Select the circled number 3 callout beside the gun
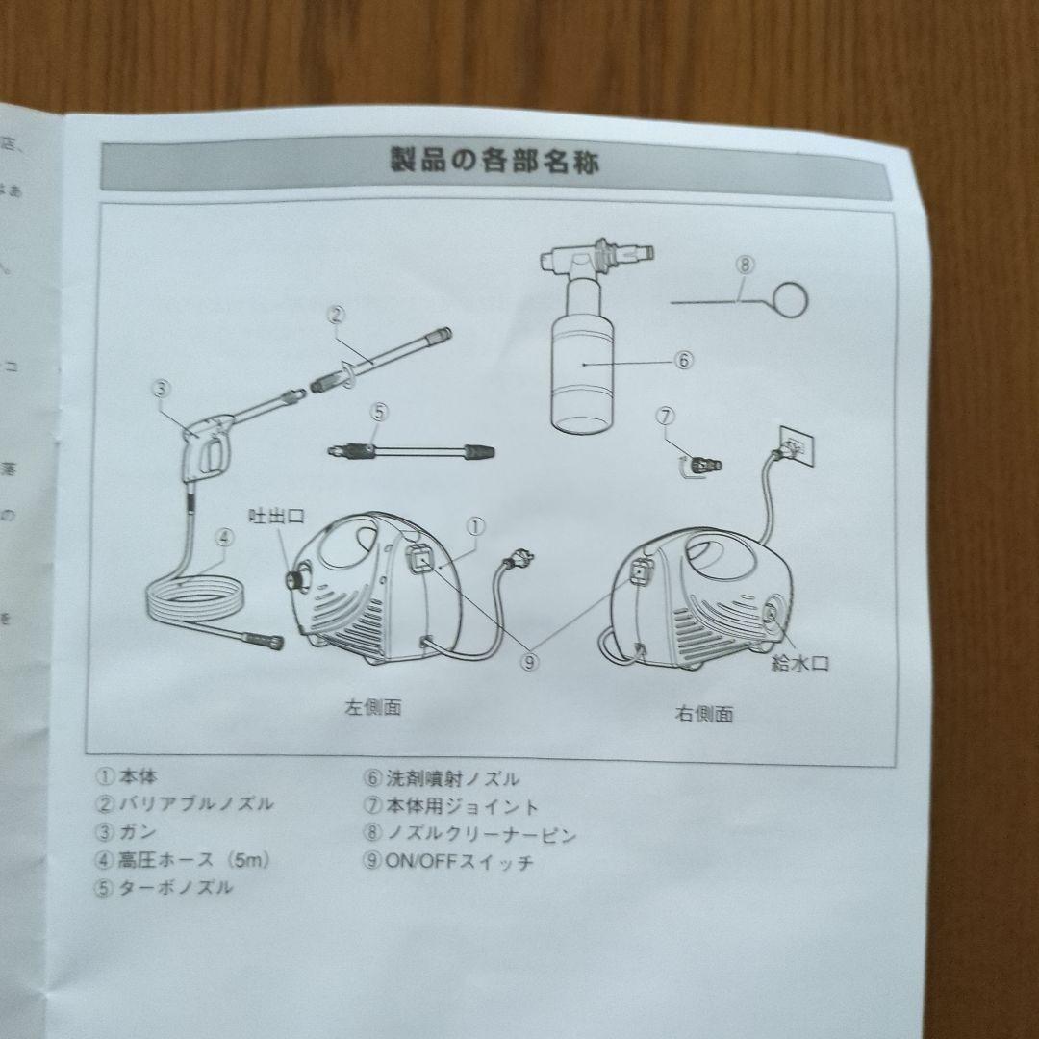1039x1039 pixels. (161, 389)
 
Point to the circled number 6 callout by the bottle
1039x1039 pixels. (683, 360)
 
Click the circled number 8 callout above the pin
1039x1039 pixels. (747, 263)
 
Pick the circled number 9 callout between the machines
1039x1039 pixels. (531, 661)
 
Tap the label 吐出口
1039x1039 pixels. (276, 517)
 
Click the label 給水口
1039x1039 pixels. (798, 662)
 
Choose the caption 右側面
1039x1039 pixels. (703, 714)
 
